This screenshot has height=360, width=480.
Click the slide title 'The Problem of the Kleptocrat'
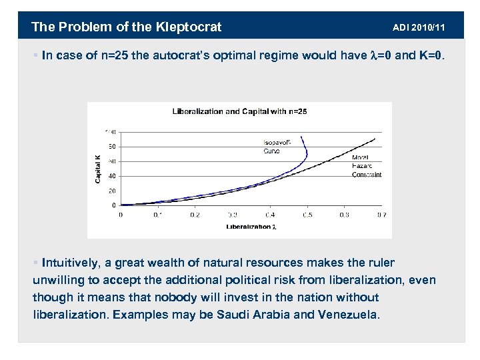point(127,27)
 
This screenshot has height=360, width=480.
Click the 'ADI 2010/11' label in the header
point(419,27)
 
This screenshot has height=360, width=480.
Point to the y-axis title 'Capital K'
point(98,169)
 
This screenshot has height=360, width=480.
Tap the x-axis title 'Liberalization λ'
point(251,227)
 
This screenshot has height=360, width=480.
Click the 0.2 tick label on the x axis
point(195,215)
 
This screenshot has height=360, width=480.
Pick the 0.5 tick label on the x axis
point(307,215)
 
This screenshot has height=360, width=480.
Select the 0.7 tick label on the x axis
point(381,215)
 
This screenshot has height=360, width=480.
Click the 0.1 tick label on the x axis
point(157,215)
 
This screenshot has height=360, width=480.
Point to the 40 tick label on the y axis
point(112,176)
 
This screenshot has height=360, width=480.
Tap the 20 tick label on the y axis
point(112,191)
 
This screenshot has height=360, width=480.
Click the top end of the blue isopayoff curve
point(303,137)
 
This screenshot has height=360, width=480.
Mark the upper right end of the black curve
point(375,139)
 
